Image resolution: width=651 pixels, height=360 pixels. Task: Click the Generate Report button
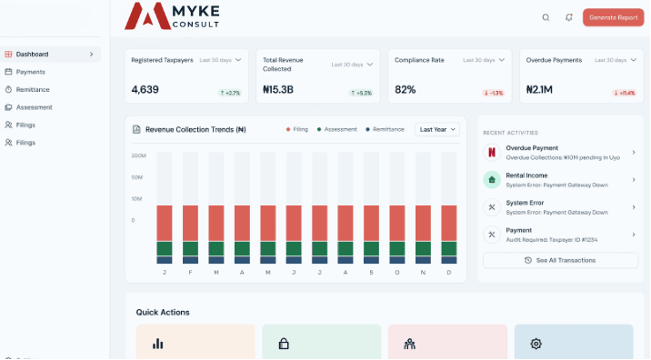click(612, 17)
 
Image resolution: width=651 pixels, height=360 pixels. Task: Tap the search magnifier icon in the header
click(546, 17)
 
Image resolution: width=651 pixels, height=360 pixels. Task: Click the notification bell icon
click(569, 17)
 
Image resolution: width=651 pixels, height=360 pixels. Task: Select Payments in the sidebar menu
click(30, 72)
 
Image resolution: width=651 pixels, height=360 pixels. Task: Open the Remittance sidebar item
click(32, 89)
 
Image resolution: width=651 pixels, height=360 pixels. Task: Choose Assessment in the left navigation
click(34, 107)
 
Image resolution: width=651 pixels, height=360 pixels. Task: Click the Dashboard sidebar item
click(32, 54)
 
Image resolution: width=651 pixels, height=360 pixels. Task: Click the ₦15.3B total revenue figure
click(278, 90)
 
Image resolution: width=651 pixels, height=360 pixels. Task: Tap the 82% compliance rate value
click(405, 90)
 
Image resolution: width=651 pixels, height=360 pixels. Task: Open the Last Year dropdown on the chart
click(437, 129)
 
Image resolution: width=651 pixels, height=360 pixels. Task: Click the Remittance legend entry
click(386, 129)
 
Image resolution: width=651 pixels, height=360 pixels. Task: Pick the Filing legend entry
click(297, 129)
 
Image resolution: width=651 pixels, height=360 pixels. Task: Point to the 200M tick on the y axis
click(138, 155)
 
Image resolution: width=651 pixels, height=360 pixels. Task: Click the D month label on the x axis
click(449, 272)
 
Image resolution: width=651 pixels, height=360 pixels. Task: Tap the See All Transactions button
click(560, 260)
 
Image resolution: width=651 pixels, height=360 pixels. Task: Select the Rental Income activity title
click(526, 175)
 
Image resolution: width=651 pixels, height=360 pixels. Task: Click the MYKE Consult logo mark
click(146, 15)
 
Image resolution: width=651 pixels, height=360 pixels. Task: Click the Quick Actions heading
click(163, 312)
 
